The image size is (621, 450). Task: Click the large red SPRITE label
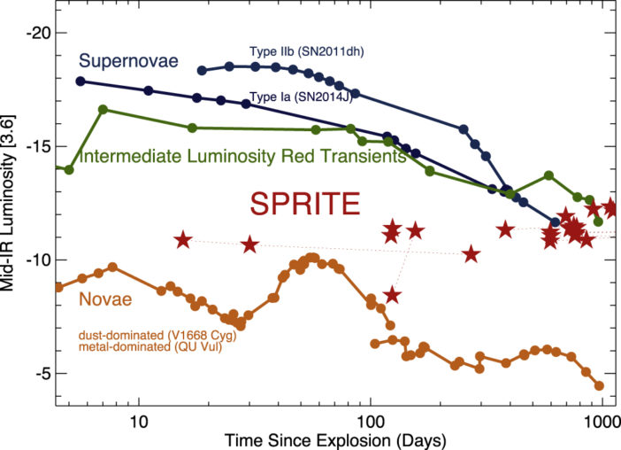tap(304, 205)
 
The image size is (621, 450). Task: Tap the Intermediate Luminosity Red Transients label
tap(242, 158)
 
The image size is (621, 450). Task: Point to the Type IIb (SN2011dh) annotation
tap(305, 51)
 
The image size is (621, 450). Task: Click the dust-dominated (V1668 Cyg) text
tap(157, 336)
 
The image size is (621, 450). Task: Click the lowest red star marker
tap(392, 295)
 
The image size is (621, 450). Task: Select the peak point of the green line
tap(103, 110)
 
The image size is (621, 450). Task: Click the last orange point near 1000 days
tap(599, 385)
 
